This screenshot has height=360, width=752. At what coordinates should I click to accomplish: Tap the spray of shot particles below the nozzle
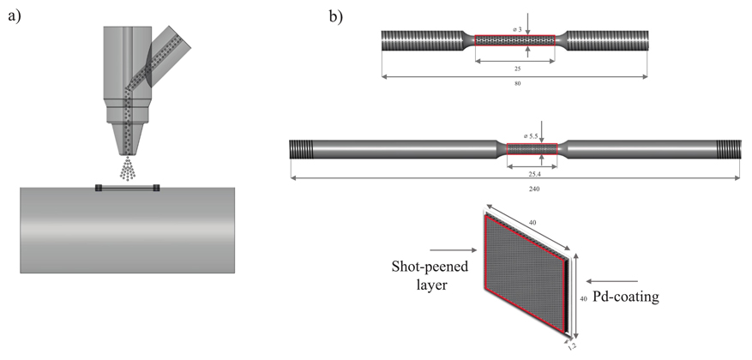[130, 170]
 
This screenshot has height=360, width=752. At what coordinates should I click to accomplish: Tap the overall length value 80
[517, 83]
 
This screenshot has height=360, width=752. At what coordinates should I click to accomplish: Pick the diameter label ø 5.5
[532, 136]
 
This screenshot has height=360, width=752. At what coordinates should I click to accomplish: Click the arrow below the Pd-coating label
[617, 280]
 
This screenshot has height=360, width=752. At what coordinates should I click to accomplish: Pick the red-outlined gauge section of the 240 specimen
[532, 149]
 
